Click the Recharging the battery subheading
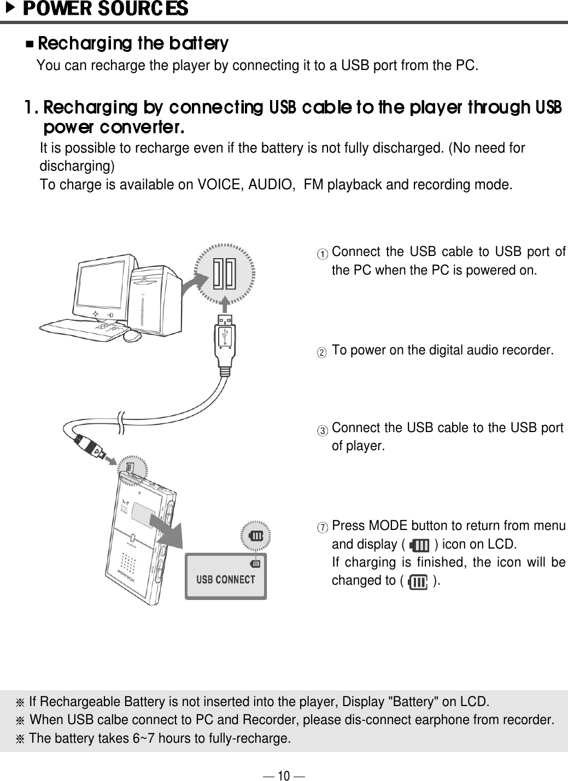pyautogui.click(x=132, y=43)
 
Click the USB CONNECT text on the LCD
pyautogui.click(x=225, y=580)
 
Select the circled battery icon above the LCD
pyautogui.click(x=256, y=535)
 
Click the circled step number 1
pyautogui.click(x=324, y=254)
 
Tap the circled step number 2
pyautogui.click(x=324, y=352)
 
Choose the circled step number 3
pyautogui.click(x=324, y=430)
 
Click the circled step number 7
pyautogui.click(x=324, y=528)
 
